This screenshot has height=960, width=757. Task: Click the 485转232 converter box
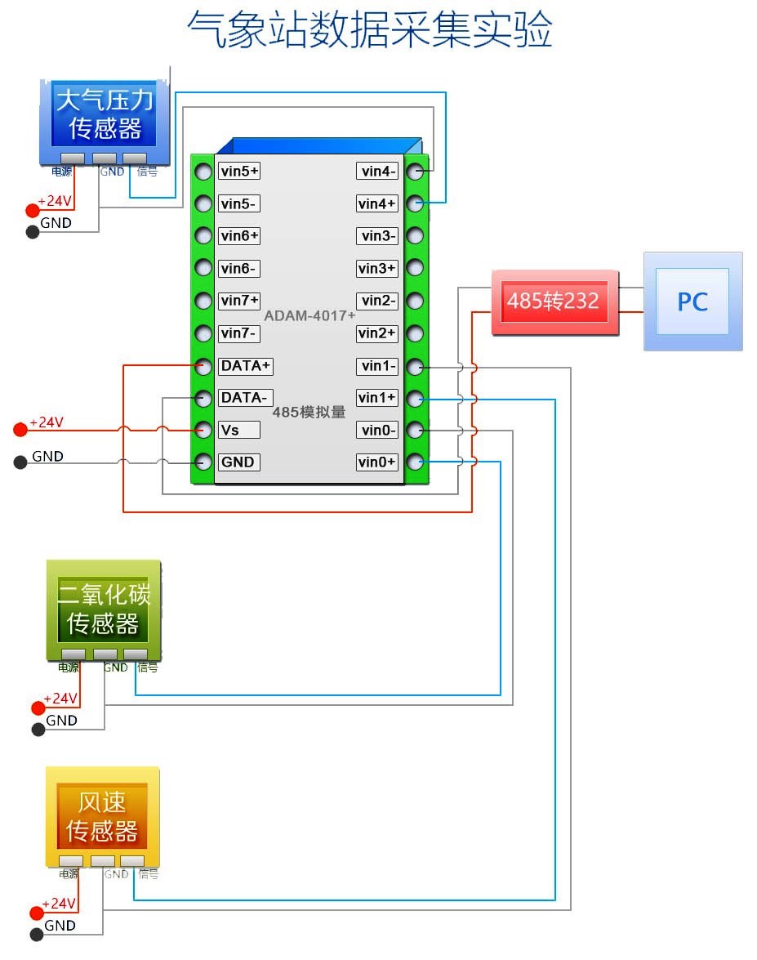click(553, 301)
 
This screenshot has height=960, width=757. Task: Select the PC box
click(692, 301)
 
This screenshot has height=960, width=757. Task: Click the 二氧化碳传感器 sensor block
click(104, 609)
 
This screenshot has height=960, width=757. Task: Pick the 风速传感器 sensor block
click(103, 816)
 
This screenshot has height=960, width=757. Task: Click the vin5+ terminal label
click(239, 171)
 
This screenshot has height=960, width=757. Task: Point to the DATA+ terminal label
click(245, 365)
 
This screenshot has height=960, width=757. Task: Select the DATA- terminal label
click(244, 398)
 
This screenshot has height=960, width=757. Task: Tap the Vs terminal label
click(238, 430)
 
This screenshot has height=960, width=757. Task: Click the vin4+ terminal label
click(378, 203)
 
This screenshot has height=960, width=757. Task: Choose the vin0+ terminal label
click(377, 462)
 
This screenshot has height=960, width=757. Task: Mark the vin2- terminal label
click(378, 301)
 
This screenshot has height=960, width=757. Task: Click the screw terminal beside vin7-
click(203, 333)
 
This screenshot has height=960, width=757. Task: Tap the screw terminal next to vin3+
click(416, 268)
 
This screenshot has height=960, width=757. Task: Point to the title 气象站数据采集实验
click(369, 30)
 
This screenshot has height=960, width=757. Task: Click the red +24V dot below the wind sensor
click(36, 913)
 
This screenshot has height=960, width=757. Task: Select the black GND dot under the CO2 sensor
click(38, 730)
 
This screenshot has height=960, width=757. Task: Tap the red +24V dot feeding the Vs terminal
click(20, 430)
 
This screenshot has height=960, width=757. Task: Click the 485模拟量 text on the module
click(309, 413)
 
